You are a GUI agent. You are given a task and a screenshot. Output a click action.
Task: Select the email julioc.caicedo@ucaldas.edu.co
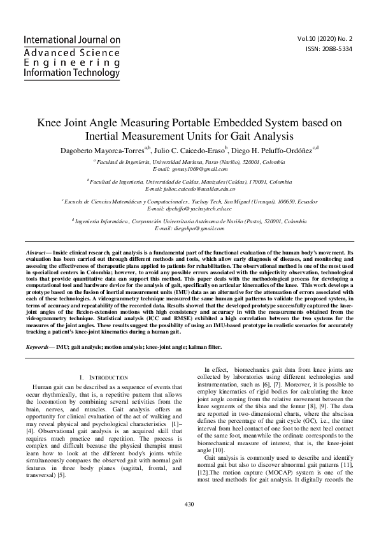click(190, 189)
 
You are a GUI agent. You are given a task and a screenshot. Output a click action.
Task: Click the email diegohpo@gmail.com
click(189, 228)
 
